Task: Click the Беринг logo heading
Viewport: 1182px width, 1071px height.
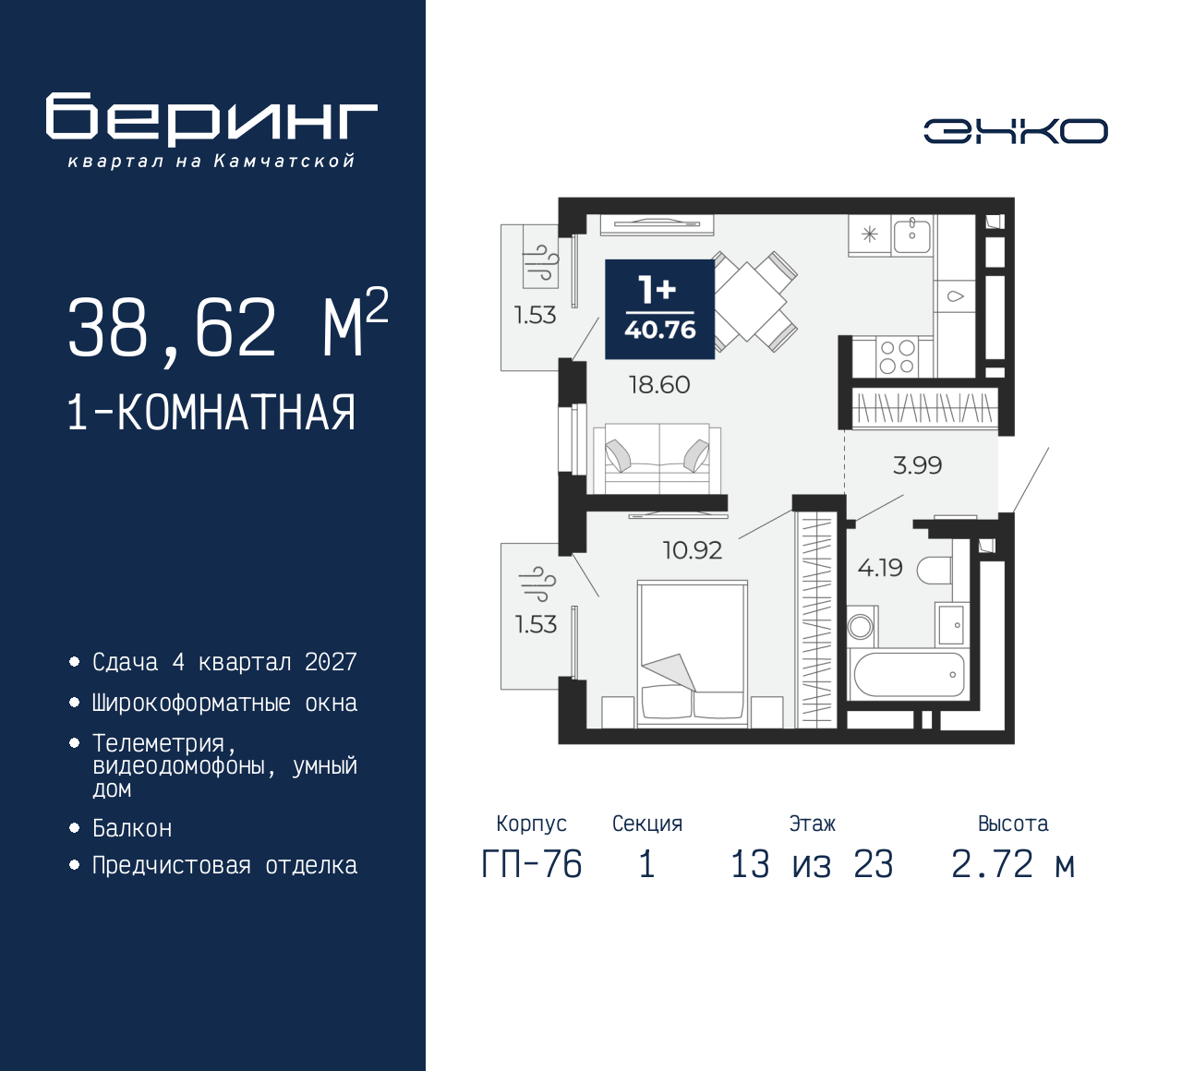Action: point(211,119)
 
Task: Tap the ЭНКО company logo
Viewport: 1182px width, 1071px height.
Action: point(1015,131)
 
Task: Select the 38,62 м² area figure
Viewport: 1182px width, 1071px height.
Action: point(227,327)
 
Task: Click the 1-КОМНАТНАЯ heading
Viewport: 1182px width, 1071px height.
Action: point(211,413)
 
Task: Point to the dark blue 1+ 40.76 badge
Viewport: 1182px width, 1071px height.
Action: point(659,308)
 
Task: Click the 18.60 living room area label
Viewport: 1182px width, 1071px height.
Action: point(659,384)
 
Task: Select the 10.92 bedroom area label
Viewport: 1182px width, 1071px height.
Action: point(692,550)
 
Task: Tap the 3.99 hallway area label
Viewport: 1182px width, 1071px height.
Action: point(917,465)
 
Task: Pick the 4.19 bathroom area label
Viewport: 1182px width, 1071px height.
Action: point(880,567)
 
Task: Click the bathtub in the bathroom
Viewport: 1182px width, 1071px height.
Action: point(910,675)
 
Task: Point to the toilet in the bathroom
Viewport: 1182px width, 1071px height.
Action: point(935,571)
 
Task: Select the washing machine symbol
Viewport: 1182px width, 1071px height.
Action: point(861,627)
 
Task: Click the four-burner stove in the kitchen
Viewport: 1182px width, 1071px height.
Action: point(897,357)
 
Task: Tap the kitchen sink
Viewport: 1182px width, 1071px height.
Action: point(911,235)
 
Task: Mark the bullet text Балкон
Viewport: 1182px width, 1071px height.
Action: point(132,828)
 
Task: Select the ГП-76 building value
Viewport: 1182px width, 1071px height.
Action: point(532,864)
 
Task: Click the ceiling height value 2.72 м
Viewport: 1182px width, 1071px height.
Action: point(1013,864)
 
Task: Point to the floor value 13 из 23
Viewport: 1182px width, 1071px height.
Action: point(812,864)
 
